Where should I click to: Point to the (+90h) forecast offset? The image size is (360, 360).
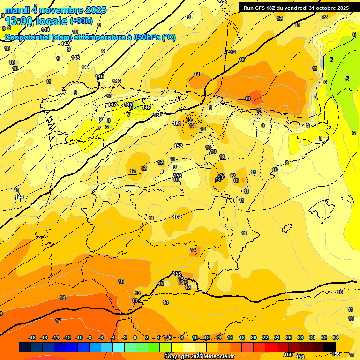tap(81, 21)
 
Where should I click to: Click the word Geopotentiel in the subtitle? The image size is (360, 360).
tap(27, 37)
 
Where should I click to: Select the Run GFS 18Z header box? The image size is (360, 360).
tap(296, 8)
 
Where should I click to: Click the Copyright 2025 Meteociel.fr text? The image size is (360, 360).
tap(199, 356)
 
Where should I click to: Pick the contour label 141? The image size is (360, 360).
tap(45, 30)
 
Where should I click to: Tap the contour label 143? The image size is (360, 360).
tap(75, 58)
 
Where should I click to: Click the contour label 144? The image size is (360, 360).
tap(86, 67)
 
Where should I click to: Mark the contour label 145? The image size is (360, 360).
tap(99, 76)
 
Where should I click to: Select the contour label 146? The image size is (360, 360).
tap(117, 81)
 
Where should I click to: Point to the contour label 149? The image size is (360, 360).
tap(146, 107)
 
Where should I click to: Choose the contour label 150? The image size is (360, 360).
tap(157, 115)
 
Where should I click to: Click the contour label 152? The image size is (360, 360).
tap(178, 146)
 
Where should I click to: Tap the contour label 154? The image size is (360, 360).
tap(177, 217)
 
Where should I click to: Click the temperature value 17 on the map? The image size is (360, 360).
tap(58, 321)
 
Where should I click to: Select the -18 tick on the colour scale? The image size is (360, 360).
tap(32, 337)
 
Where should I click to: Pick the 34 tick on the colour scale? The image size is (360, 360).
tap(335, 337)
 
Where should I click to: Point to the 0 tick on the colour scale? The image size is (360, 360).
tap(135, 337)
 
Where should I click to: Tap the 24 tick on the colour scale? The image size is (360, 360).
tap(277, 337)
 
